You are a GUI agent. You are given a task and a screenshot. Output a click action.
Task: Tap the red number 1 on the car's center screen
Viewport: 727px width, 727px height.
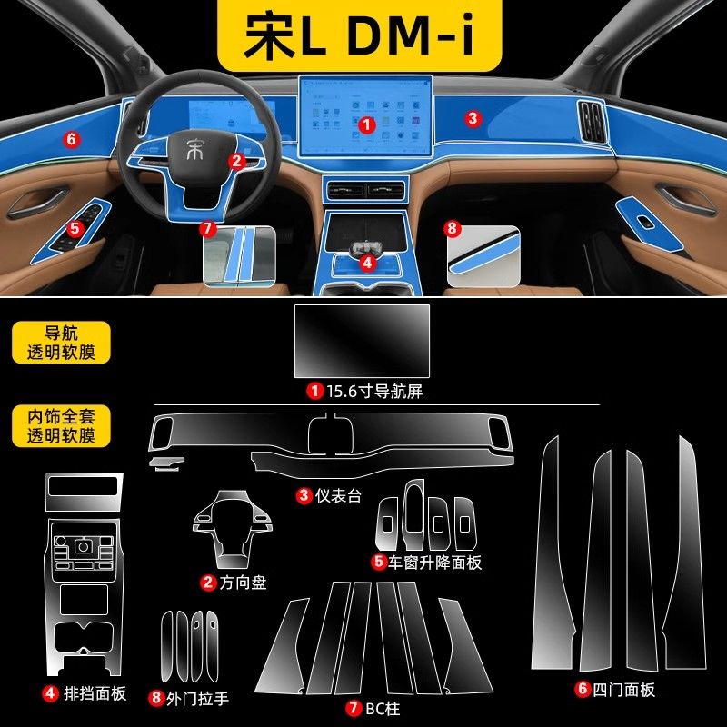[366, 123]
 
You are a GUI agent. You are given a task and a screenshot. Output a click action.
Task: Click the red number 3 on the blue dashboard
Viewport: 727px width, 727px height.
[472, 118]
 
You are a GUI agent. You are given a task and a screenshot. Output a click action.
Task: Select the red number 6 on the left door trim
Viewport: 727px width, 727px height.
[69, 139]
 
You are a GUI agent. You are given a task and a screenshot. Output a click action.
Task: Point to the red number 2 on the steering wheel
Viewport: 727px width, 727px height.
[236, 161]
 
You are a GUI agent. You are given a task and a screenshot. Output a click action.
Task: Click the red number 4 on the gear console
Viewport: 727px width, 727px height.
[366, 262]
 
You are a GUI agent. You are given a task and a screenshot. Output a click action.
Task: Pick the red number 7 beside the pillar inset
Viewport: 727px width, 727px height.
[208, 227]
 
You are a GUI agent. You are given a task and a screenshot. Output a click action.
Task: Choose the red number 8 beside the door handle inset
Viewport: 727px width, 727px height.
[452, 227]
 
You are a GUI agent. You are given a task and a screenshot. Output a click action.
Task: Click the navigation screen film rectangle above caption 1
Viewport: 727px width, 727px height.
[362, 341]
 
